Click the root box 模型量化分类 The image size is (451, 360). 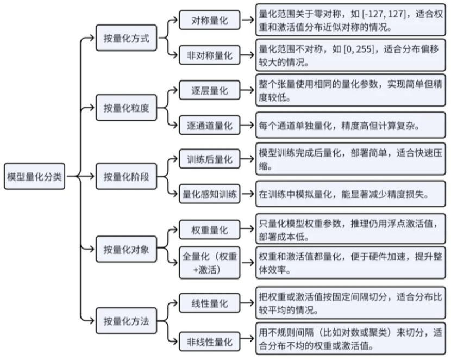(34, 177)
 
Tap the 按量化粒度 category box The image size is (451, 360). (126, 108)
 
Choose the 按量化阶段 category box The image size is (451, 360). (126, 177)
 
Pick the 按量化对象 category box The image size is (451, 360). (126, 250)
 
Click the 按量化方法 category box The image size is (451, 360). (126, 320)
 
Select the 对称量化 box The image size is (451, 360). (209, 21)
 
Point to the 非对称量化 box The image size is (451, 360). (209, 55)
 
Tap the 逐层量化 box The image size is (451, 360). (209, 90)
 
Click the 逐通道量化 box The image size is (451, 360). (209, 126)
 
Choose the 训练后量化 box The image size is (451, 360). (209, 159)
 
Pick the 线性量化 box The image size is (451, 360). (209, 303)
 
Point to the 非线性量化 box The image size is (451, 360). (209, 342)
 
